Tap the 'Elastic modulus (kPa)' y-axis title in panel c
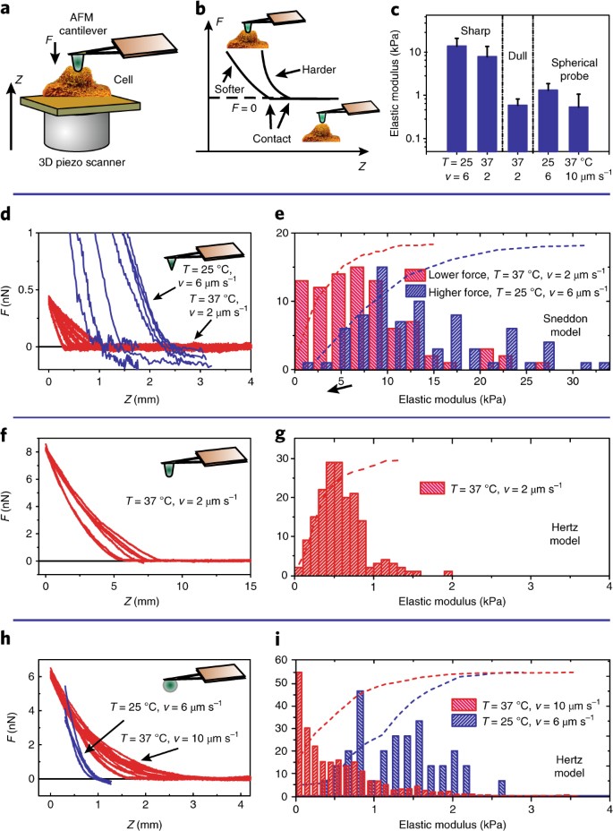396,81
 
